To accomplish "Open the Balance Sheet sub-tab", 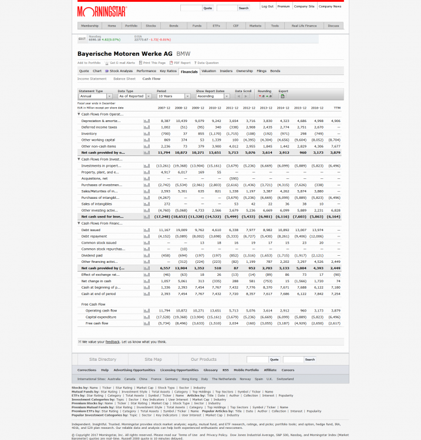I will [x=124, y=79].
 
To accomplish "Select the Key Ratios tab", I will [x=167, y=71].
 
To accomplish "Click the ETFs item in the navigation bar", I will [x=216, y=26].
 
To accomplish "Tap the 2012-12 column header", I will [x=249, y=108].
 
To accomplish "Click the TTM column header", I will [x=337, y=108].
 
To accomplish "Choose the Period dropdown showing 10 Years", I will [x=174, y=96].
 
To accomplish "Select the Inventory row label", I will [x=89, y=133].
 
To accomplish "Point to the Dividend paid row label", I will [x=92, y=255].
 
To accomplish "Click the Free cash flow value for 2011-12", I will [x=233, y=323].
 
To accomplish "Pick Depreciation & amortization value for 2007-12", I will [x=165, y=121].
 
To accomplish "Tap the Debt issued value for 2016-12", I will [x=318, y=230].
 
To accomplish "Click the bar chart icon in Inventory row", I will [x=147, y=133].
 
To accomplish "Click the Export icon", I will [x=282, y=96].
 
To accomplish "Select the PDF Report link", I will [x=181, y=63].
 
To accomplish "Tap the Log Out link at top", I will [x=267, y=6].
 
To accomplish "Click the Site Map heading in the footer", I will [x=153, y=360].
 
